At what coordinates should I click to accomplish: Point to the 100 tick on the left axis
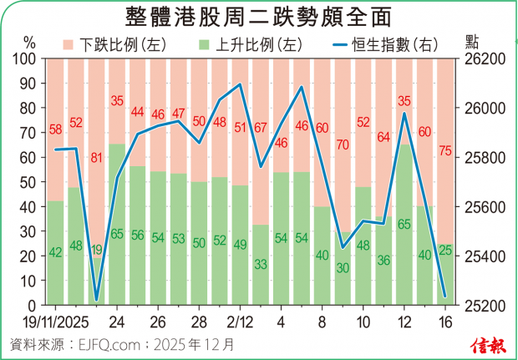tap(26, 59)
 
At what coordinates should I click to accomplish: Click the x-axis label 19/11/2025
tap(52, 322)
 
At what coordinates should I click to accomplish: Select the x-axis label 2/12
tap(240, 322)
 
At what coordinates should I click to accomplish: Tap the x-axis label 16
tap(444, 322)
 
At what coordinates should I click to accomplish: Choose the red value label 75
tap(444, 150)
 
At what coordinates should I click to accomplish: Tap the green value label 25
tap(444, 250)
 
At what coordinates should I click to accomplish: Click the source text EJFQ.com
tap(111, 342)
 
